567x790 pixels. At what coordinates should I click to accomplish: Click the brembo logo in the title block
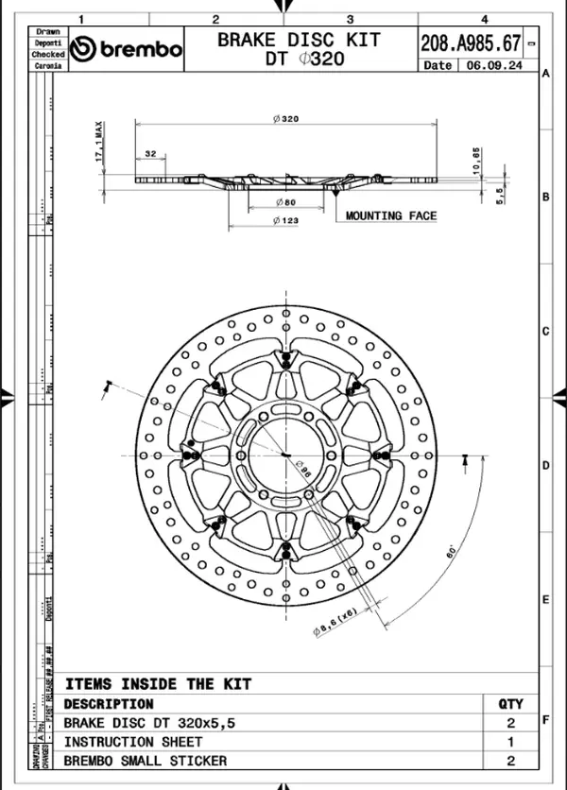pos(126,48)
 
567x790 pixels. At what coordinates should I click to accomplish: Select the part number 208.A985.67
pos(470,42)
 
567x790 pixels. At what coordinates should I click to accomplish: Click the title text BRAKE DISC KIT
pos(299,40)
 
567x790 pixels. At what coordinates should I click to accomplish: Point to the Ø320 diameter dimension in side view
pos(285,119)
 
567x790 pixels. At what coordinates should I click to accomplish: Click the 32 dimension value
pos(150,153)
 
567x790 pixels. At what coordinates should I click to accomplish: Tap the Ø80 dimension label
pos(284,202)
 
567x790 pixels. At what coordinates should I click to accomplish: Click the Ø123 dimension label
pos(285,220)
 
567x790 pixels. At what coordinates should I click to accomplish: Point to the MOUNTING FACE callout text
pos(390,215)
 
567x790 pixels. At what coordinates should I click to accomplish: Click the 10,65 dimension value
pos(477,160)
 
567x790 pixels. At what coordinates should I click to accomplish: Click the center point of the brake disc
pos(284,455)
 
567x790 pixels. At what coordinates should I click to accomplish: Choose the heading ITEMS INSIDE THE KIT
pos(158,683)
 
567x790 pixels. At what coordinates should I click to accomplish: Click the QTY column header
pos(510,704)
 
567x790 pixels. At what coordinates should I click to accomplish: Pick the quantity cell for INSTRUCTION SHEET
pos(510,742)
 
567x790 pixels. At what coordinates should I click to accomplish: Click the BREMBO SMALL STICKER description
pos(145,760)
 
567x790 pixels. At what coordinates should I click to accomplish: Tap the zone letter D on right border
pos(545,466)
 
